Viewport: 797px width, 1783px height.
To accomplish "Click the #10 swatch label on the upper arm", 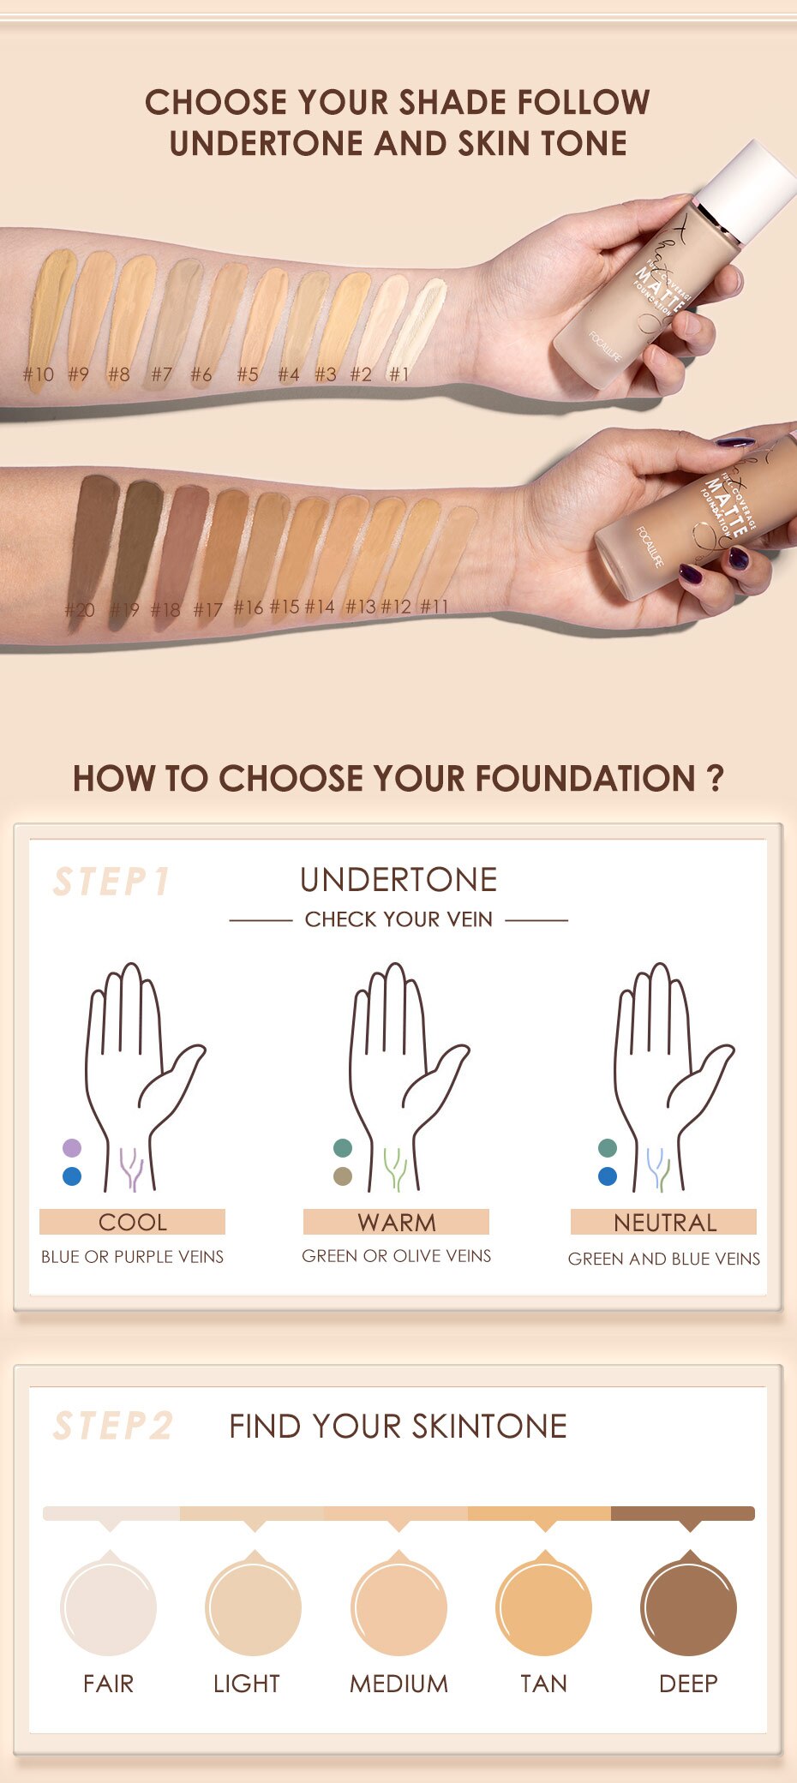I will click(x=38, y=374).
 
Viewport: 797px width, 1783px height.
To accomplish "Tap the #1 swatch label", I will click(x=398, y=374).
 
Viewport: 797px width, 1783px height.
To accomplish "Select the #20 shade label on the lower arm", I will click(x=80, y=610).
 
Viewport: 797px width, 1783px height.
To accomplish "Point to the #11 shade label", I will click(x=434, y=607).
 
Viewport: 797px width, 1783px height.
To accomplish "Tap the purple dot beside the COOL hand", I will click(x=72, y=1148).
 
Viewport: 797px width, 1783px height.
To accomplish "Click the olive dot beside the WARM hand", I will click(x=343, y=1176).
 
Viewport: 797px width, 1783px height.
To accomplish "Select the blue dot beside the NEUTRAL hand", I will click(x=608, y=1176).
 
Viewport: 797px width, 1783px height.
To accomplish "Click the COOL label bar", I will click(x=132, y=1222).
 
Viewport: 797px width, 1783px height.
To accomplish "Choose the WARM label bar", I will click(x=396, y=1222).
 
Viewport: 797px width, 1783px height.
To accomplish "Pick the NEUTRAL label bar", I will click(x=664, y=1223).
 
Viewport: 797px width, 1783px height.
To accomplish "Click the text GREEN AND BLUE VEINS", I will click(x=664, y=1259).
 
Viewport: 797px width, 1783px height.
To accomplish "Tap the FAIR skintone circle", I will click(x=109, y=1606).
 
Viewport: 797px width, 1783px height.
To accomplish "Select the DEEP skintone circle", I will click(x=688, y=1606).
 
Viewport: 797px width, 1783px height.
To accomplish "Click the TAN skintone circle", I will click(x=543, y=1606).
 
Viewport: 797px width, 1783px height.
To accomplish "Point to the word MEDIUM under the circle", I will click(x=398, y=1684).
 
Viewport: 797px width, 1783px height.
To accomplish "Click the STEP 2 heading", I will click(x=113, y=1426).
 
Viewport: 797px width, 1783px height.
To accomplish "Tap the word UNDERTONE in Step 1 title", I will click(x=398, y=880).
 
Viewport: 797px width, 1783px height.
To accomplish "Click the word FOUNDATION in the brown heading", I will click(x=584, y=779).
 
